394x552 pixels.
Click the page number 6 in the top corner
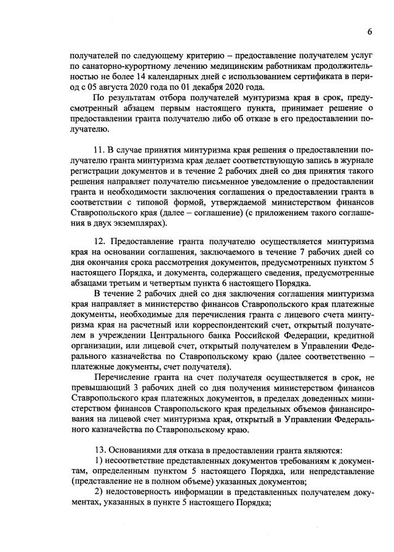tap(370, 31)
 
